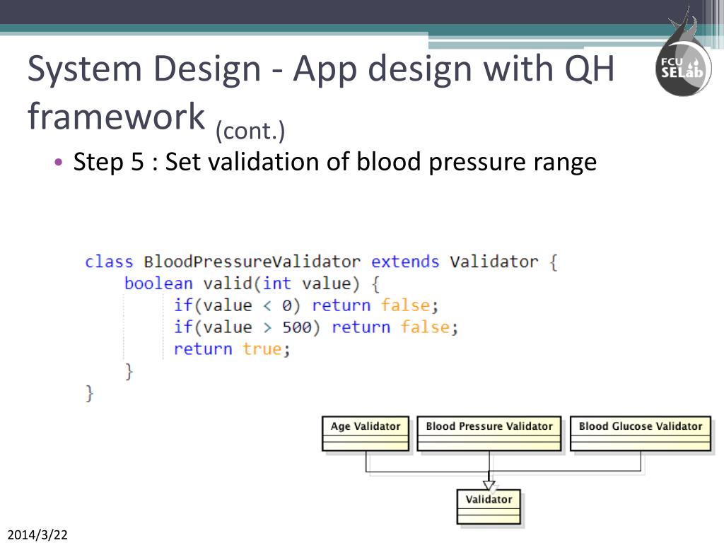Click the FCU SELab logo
682,64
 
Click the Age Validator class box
365,433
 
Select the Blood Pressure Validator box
489,433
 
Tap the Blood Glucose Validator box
640,433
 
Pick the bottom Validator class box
489,507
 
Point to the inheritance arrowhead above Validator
489,485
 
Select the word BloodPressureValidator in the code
252,262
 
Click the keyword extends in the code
405,262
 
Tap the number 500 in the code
297,327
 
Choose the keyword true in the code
262,349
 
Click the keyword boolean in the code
158,284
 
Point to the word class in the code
109,262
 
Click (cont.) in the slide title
250,131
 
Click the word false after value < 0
405,305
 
